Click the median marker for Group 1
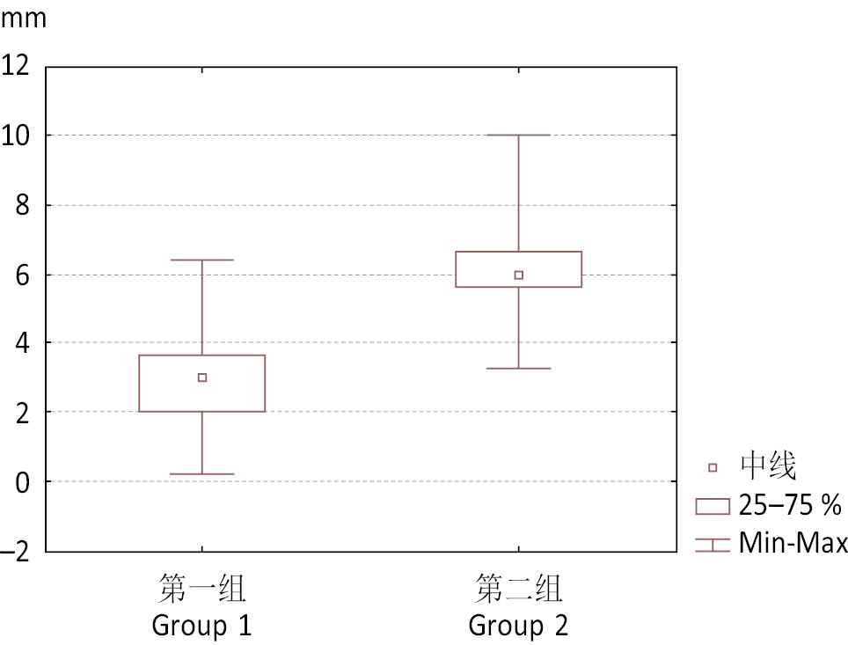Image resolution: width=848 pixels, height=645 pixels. click(x=202, y=377)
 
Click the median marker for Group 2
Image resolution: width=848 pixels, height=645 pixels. click(x=519, y=275)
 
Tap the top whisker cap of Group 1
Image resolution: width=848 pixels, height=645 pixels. click(x=202, y=260)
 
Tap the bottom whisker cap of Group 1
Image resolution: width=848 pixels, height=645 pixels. click(x=202, y=474)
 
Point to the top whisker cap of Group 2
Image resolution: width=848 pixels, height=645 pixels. click(x=519, y=136)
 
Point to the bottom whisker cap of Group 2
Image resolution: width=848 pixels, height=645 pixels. click(x=519, y=368)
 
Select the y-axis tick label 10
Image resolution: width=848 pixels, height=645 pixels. click(x=16, y=135)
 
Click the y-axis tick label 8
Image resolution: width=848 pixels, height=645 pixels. click(x=22, y=205)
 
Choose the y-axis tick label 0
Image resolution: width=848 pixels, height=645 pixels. click(x=22, y=482)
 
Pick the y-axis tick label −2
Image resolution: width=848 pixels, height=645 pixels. click(x=16, y=553)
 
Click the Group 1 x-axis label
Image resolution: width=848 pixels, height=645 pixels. click(x=202, y=627)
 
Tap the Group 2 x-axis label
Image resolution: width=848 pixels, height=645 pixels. click(x=519, y=627)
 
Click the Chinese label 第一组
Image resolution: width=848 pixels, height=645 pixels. click(x=202, y=589)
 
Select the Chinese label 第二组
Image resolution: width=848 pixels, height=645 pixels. click(x=519, y=589)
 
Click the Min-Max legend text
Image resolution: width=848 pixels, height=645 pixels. click(x=793, y=543)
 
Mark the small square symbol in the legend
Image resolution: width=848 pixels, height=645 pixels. click(x=713, y=467)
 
